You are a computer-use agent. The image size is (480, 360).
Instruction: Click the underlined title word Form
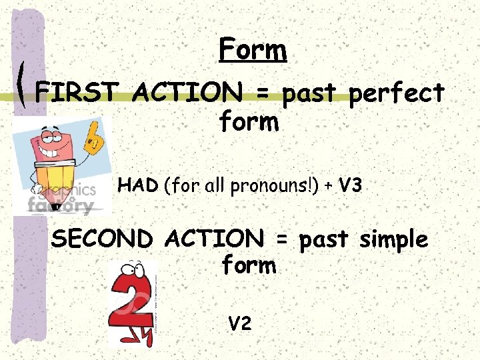click(x=252, y=50)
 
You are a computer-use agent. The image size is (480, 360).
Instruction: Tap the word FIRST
click(x=77, y=93)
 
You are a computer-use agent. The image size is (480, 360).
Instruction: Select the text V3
click(x=350, y=186)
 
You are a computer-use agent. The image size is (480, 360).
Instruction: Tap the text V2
click(x=240, y=324)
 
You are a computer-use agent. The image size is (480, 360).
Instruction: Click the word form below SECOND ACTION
click(x=248, y=266)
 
